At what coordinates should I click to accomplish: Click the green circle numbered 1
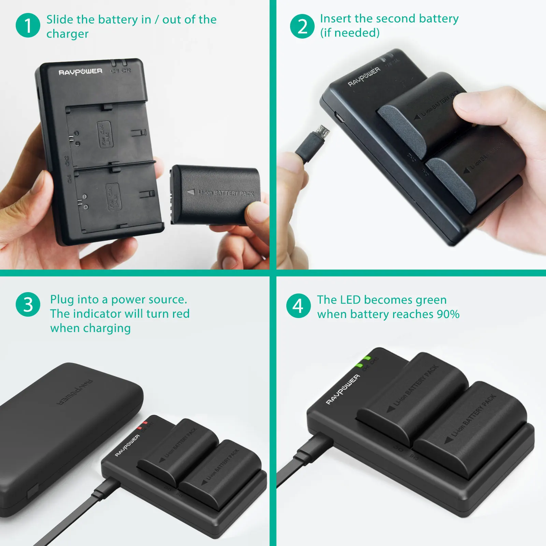[x=28, y=26]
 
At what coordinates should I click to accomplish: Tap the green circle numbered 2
[x=302, y=26]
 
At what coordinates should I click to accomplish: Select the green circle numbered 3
[x=28, y=304]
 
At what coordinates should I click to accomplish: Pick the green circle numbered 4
[x=299, y=306]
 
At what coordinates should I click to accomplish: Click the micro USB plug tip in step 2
[x=322, y=131]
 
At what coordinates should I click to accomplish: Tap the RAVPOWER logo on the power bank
[x=75, y=392]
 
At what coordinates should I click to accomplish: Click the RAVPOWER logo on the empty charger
[x=81, y=72]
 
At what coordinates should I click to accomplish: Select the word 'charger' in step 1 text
[x=68, y=34]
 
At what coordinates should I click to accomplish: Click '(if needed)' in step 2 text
[x=350, y=33]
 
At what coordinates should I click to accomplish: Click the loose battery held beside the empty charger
[x=215, y=195]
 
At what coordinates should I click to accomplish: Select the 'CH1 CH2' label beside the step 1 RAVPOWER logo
[x=120, y=71]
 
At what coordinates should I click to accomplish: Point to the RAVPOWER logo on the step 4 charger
[x=343, y=389]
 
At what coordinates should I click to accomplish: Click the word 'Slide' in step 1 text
[x=60, y=19]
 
